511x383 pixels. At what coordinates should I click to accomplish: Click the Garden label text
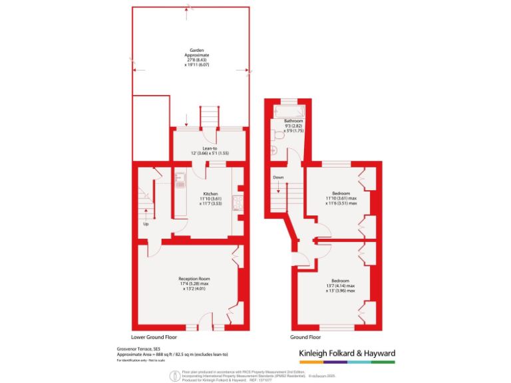196,50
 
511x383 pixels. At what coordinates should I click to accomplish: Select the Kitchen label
211,193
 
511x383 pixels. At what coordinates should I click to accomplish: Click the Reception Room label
194,279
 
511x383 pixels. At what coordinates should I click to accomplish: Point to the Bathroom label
293,121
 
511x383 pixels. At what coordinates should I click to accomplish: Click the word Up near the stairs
146,223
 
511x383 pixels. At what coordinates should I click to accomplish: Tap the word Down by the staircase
278,178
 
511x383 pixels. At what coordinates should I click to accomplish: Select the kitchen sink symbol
180,180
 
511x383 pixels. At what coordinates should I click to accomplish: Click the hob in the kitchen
237,203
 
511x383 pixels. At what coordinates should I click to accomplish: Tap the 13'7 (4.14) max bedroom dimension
341,286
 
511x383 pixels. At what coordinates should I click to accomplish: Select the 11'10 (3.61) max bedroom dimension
341,198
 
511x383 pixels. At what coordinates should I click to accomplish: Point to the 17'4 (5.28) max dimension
194,284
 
